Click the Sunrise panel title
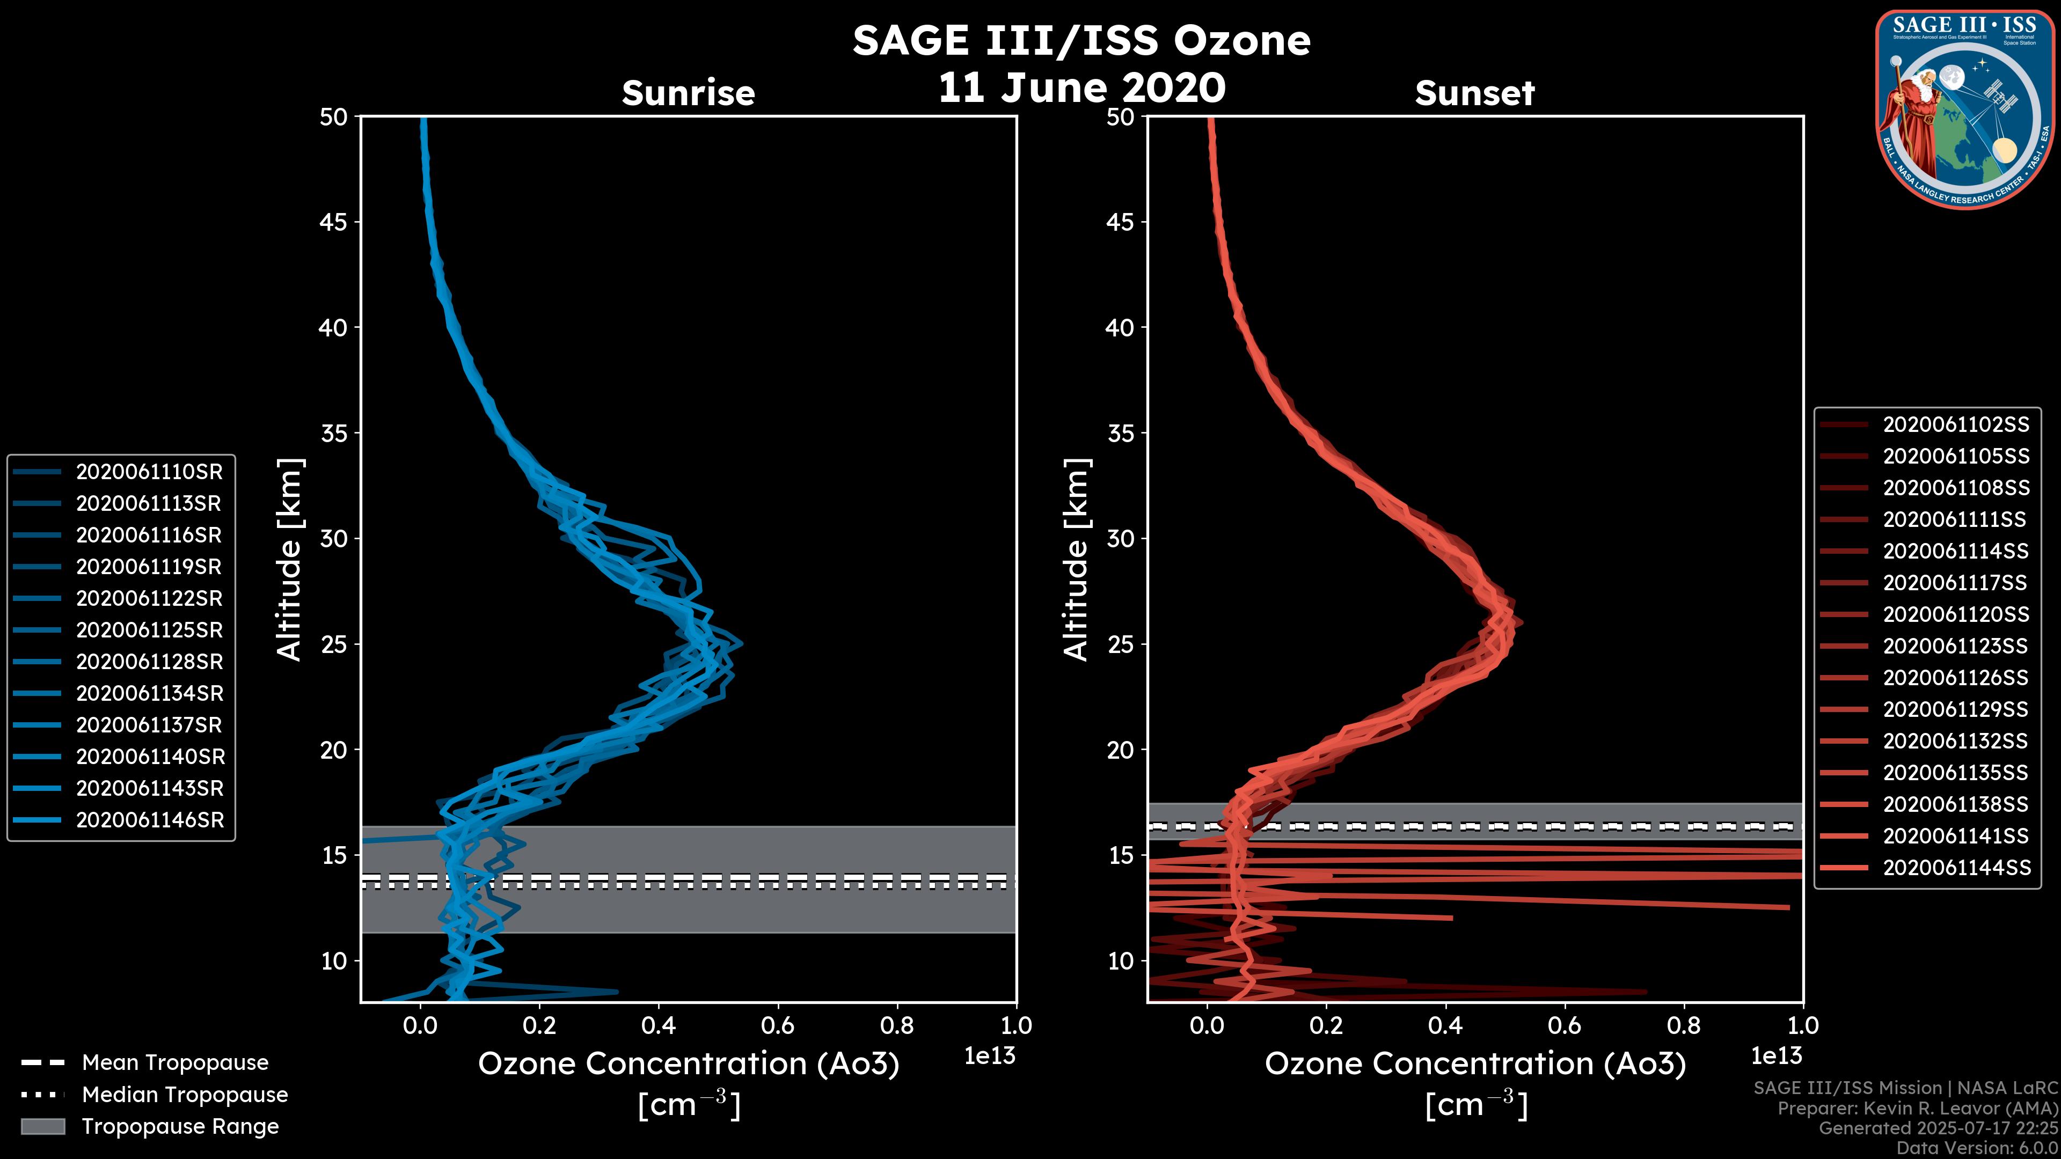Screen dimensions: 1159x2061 [x=688, y=93]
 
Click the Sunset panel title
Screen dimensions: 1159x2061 [x=1474, y=93]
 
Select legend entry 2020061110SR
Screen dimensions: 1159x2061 [x=149, y=472]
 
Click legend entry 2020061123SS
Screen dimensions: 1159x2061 [x=1955, y=645]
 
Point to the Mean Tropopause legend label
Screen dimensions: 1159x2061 [x=174, y=1062]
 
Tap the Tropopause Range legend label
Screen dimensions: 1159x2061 [x=180, y=1126]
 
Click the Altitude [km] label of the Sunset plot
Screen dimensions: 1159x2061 [x=1076, y=560]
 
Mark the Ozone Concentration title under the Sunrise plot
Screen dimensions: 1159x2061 [x=688, y=1064]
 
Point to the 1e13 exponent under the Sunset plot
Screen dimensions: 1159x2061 [x=1776, y=1056]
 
